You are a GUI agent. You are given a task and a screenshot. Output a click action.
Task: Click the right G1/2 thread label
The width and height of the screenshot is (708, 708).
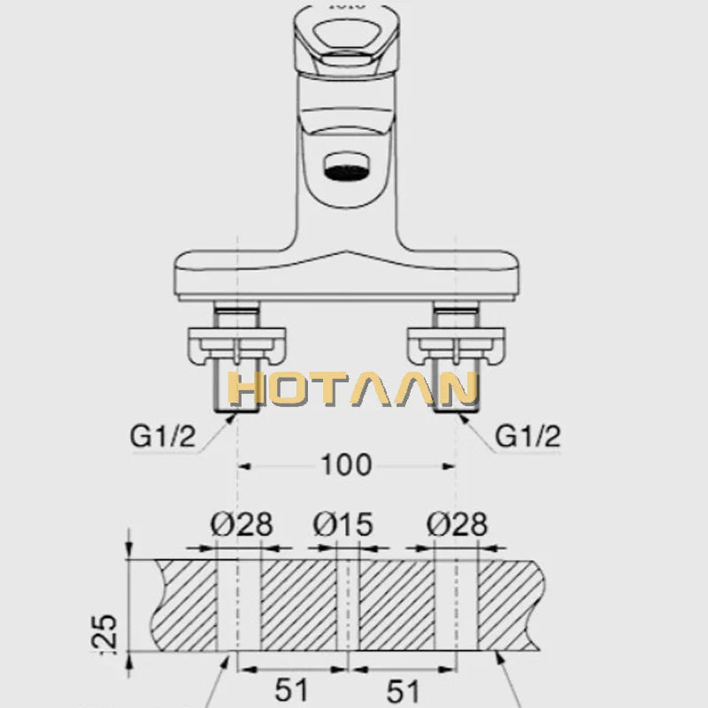click(x=527, y=435)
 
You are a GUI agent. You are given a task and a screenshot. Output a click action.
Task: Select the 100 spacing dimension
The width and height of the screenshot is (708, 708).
click(x=347, y=464)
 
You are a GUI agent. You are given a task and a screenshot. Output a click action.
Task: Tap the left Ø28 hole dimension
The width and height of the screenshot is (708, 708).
click(x=241, y=524)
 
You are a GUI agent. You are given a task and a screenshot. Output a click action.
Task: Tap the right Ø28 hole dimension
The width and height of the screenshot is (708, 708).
click(x=456, y=524)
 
